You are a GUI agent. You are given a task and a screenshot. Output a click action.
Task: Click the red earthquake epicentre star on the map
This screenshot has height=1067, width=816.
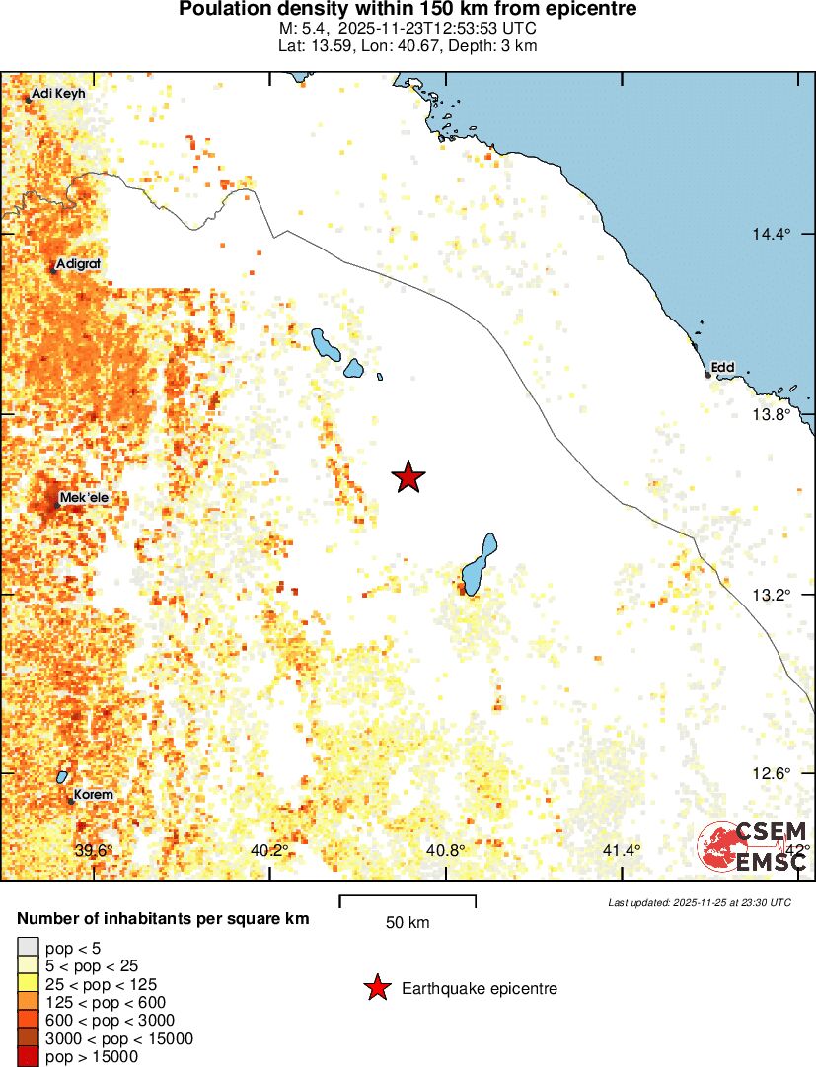[x=408, y=477]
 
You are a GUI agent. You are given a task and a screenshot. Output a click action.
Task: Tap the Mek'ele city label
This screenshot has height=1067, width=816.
[x=84, y=498]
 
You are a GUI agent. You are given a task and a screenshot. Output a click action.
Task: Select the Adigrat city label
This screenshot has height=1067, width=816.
[x=79, y=264]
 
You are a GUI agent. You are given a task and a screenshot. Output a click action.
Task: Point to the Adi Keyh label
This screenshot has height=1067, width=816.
[x=59, y=94]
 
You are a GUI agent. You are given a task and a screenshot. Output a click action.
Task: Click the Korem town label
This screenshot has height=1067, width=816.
[x=93, y=795]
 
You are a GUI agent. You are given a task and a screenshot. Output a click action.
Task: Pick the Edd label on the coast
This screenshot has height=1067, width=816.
[x=723, y=368]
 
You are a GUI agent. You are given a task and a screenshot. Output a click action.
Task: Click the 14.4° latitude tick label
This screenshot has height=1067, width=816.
[x=772, y=234]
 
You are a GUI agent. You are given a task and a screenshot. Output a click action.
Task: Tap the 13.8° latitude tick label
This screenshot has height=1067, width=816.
[x=772, y=414]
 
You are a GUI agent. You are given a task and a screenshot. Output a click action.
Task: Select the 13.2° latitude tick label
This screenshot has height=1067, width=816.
[x=772, y=594]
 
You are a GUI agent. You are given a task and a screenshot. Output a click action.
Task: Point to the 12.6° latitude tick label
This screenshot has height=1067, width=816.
[x=772, y=773]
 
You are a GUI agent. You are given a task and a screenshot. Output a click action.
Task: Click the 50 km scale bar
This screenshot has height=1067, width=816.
[x=408, y=901]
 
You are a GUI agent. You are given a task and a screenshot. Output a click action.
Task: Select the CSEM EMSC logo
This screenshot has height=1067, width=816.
[x=753, y=847]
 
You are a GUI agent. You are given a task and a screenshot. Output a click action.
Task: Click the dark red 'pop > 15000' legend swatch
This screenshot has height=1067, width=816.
[x=29, y=1057]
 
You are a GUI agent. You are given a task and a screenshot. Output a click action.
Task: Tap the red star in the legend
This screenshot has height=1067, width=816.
[x=376, y=988]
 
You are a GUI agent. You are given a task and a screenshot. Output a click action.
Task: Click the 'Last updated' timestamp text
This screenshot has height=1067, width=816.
[x=699, y=902]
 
